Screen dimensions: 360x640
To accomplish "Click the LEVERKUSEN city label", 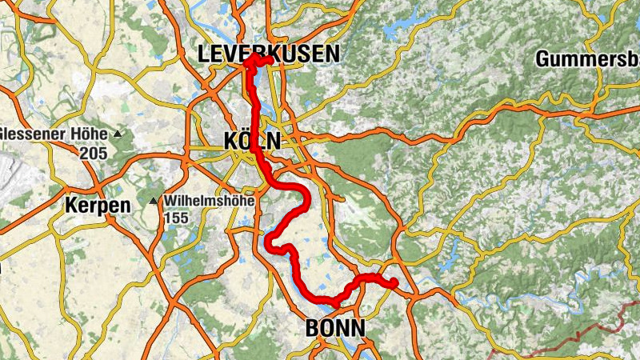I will coord(269,54).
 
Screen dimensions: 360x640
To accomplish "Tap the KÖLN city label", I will coord(253,142).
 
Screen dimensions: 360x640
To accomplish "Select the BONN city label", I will coord(335,328).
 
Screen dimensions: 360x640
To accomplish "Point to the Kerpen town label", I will coord(98,206).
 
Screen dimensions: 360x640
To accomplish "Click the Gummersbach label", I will coord(588,58).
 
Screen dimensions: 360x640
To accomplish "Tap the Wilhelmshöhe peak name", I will coord(209,201).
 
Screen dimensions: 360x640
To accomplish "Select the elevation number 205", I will coord(94,151).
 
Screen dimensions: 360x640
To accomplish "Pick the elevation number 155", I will coord(177,217).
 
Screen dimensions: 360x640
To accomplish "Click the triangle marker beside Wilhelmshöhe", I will coord(154,201).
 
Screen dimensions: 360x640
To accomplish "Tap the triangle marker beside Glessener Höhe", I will coord(118,133).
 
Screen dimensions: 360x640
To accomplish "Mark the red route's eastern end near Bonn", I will coord(394,282).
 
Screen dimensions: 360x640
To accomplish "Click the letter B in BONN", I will coord(312,328).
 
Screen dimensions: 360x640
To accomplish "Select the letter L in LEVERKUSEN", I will coord(204,54).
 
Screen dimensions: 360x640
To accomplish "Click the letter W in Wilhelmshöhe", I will coord(170,201).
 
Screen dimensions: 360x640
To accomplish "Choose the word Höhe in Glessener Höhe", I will coord(92,133).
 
